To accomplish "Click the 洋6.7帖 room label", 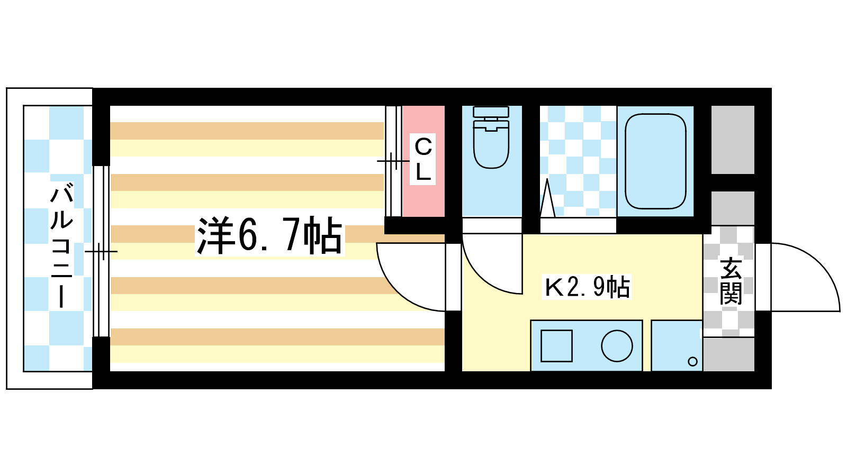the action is pos(269,236).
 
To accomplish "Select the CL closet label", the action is pos(423,159).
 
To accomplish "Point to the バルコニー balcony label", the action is pos(61,245).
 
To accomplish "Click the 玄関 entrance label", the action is pos(731,281).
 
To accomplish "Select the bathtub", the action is pos(655,161).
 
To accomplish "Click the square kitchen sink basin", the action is pos(556,346).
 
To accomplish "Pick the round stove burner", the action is pos(617,346).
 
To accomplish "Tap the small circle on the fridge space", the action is pos(693,362).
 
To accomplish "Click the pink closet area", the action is pos(423,161).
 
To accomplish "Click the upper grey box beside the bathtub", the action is pos(733,140).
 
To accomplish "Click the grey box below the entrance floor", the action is pos(728,354).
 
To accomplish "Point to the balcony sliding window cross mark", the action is pos(101,251).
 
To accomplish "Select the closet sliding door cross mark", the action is pos(393,161).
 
